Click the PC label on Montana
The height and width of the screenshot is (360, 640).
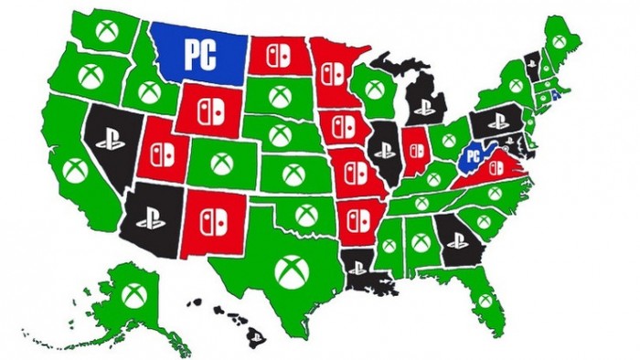pos(201,54)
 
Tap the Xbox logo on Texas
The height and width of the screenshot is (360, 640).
pos(290,271)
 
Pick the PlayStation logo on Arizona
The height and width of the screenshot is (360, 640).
pos(149,217)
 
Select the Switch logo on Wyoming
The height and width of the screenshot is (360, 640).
pos(209,106)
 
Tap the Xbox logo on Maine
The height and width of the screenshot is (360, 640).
pos(559,42)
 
